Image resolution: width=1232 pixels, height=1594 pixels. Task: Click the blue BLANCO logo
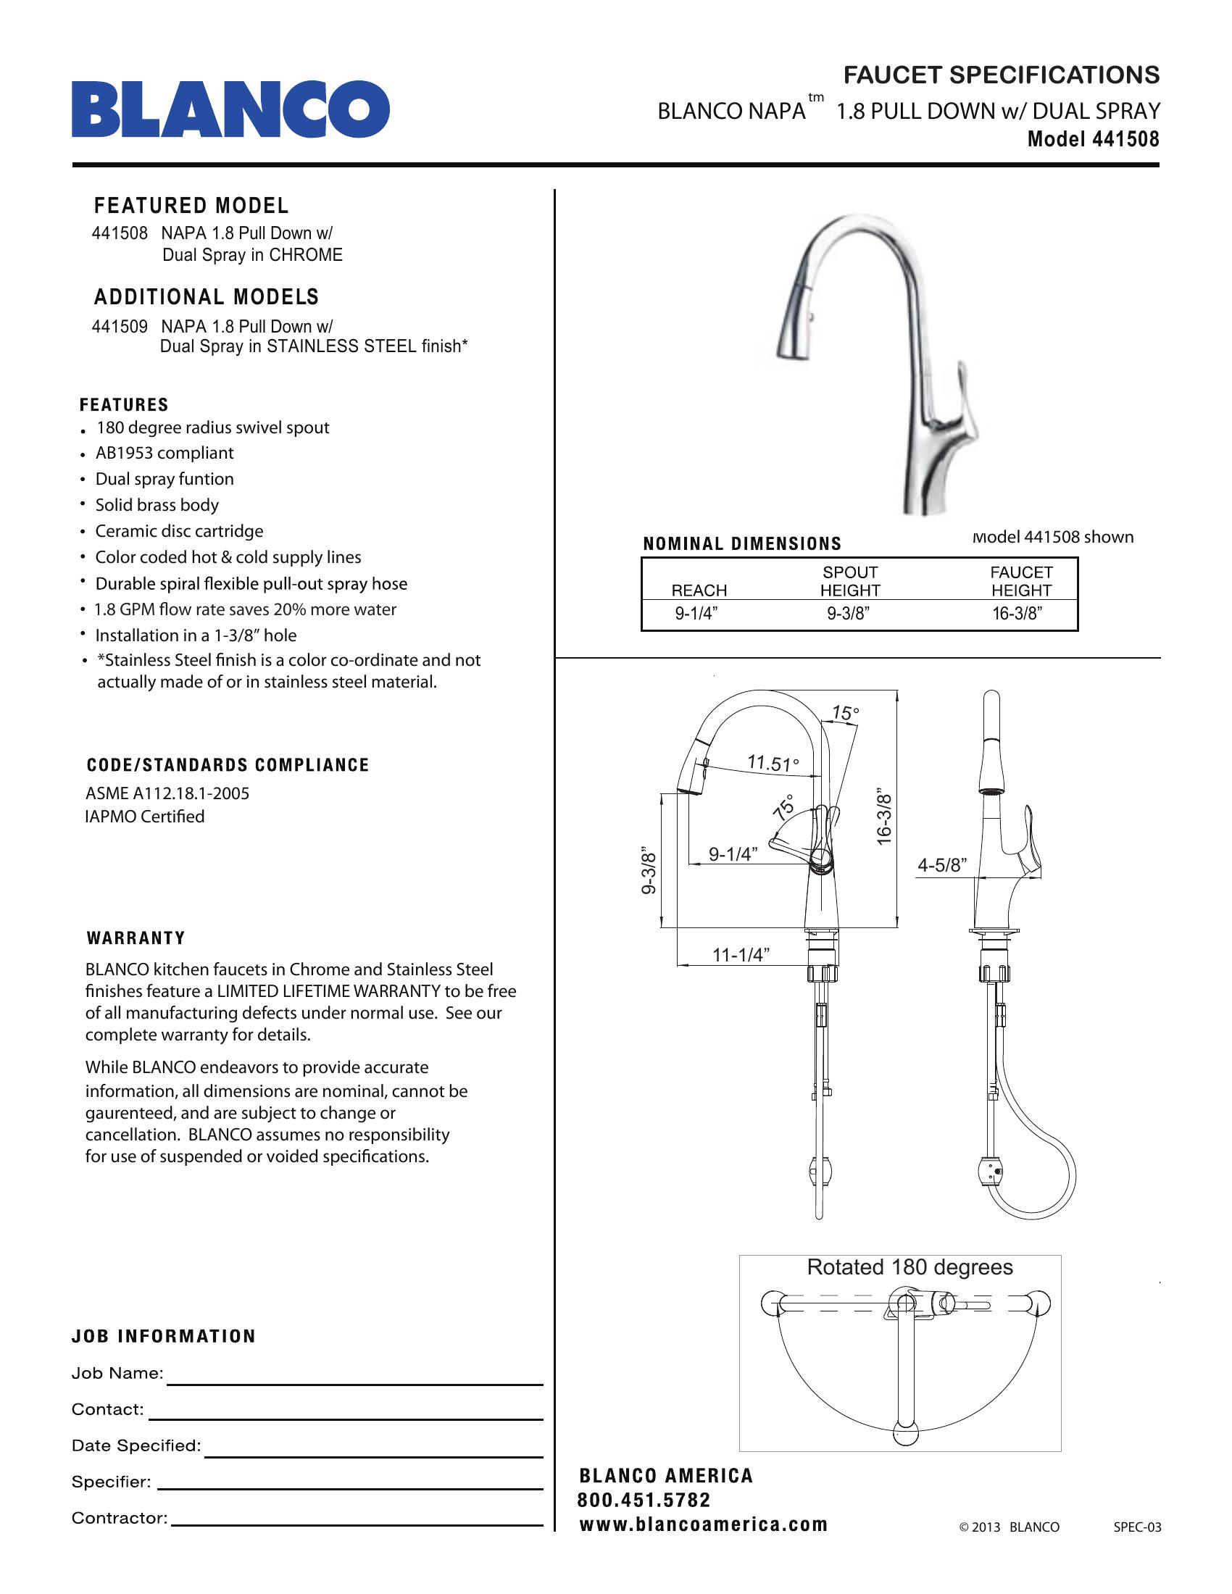click(x=230, y=109)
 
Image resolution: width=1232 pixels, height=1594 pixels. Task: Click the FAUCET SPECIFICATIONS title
click(x=1001, y=75)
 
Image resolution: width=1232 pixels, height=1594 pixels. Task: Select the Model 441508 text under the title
click(x=1093, y=138)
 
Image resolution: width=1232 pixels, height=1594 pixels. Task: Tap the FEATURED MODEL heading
click(x=191, y=206)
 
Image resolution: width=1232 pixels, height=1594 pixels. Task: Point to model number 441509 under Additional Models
click(x=120, y=326)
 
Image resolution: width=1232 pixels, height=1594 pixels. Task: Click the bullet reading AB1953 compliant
click(x=165, y=454)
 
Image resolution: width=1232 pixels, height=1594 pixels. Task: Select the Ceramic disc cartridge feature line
click(x=179, y=531)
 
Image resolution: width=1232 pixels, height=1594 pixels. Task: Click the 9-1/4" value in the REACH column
click(x=696, y=614)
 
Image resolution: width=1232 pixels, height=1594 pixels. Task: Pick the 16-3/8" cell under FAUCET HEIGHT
click(x=1017, y=614)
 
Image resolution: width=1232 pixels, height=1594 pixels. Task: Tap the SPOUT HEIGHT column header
click(x=850, y=582)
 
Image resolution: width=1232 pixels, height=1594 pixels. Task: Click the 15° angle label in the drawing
click(x=845, y=713)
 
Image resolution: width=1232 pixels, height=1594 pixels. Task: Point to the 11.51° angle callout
click(x=773, y=764)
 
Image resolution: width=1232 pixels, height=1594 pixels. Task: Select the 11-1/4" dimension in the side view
click(x=741, y=955)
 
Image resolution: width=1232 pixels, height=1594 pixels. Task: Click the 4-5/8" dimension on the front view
click(x=941, y=866)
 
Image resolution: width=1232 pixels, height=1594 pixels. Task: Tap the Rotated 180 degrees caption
click(x=910, y=1267)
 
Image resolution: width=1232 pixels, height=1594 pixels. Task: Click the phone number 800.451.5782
click(x=644, y=1500)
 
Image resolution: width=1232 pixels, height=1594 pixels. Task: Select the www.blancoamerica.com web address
click(x=704, y=1524)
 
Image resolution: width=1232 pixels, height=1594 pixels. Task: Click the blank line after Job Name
click(x=354, y=1381)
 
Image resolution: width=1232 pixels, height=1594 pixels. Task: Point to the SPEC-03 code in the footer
click(x=1137, y=1527)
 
